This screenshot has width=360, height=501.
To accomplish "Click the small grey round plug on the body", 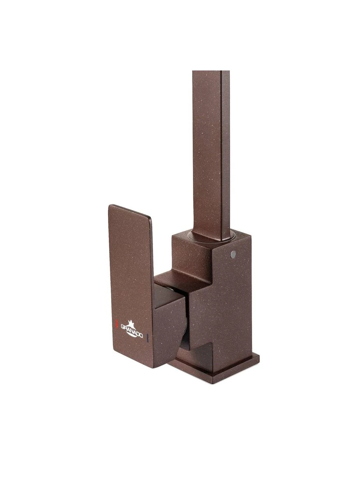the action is tap(233, 253).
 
